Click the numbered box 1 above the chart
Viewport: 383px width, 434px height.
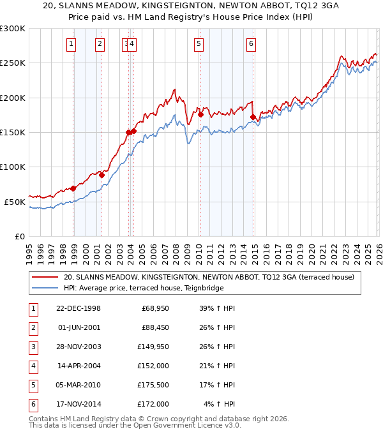tap(70, 44)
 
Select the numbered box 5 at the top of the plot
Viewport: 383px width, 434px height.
tap(199, 44)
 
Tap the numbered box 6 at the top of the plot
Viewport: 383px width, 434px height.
tap(252, 44)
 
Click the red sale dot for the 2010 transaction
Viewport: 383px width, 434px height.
tap(200, 115)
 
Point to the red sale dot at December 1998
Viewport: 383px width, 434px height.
tap(73, 188)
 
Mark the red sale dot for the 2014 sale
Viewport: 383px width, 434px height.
tap(253, 117)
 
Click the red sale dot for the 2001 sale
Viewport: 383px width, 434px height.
tap(101, 174)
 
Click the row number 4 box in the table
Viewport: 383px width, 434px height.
tap(32, 366)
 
